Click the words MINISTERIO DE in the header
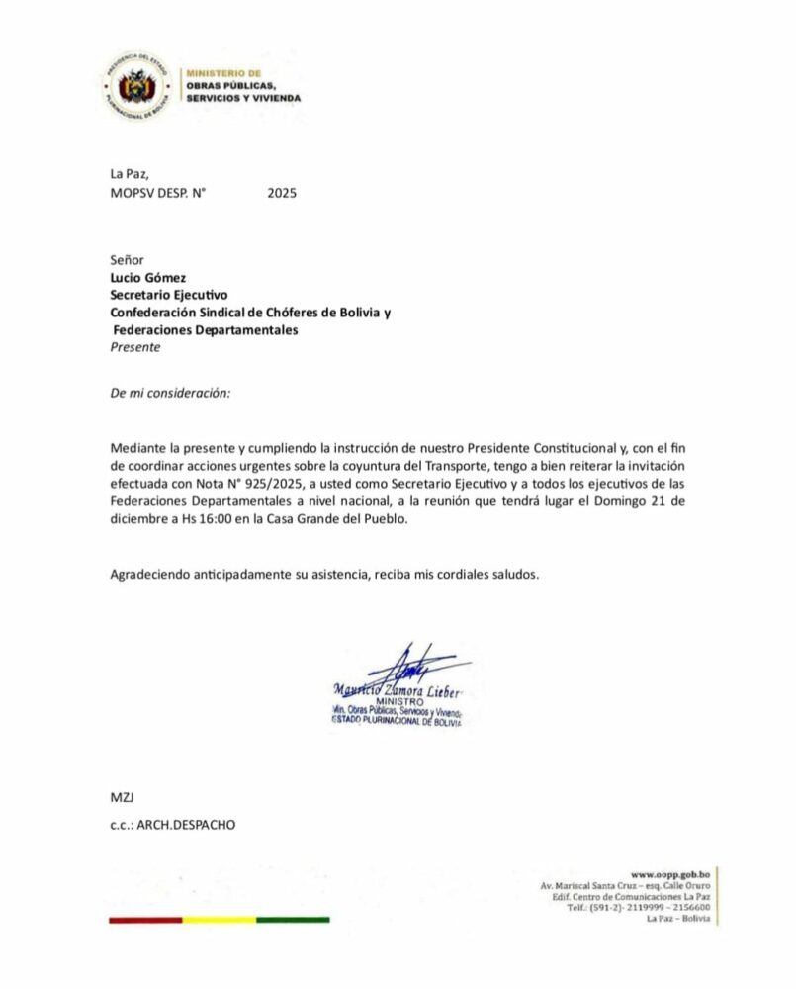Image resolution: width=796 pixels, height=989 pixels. [x=223, y=73]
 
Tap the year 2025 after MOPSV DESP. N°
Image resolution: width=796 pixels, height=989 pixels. [x=282, y=194]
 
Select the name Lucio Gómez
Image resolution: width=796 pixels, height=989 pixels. [x=148, y=277]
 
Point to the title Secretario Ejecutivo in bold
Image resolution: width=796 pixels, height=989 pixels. [x=169, y=295]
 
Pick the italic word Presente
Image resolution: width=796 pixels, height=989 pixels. [x=135, y=347]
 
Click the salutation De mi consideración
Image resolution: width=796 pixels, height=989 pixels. [x=170, y=393]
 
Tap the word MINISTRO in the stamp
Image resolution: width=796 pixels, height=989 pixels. [x=399, y=701]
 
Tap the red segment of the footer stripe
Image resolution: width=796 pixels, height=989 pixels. [x=145, y=920]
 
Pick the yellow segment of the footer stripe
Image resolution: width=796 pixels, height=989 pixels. [x=220, y=920]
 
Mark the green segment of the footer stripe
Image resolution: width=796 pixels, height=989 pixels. [x=293, y=920]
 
